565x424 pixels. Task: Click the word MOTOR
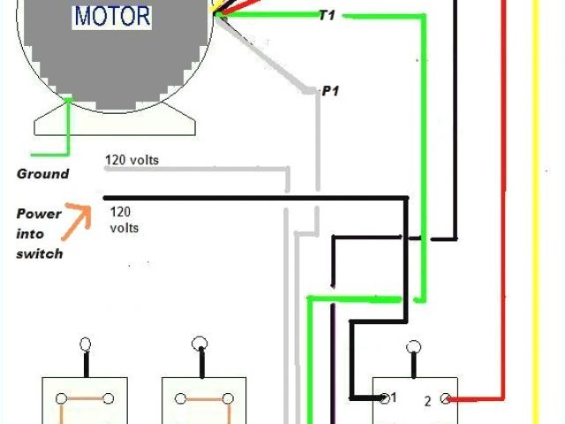pyautogui.click(x=112, y=16)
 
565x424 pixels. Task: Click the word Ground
pyautogui.click(x=42, y=173)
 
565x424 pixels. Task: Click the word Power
pyautogui.click(x=39, y=213)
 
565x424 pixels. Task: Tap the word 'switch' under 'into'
pyautogui.click(x=39, y=254)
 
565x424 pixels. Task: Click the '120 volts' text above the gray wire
pyautogui.click(x=132, y=161)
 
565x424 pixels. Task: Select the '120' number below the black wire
pyautogui.click(x=121, y=212)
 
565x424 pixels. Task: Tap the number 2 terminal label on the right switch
pyautogui.click(x=427, y=400)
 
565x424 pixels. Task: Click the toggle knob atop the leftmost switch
pyautogui.click(x=86, y=344)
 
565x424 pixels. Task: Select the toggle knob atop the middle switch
pyautogui.click(x=201, y=344)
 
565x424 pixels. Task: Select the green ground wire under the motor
pyautogui.click(x=68, y=132)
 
